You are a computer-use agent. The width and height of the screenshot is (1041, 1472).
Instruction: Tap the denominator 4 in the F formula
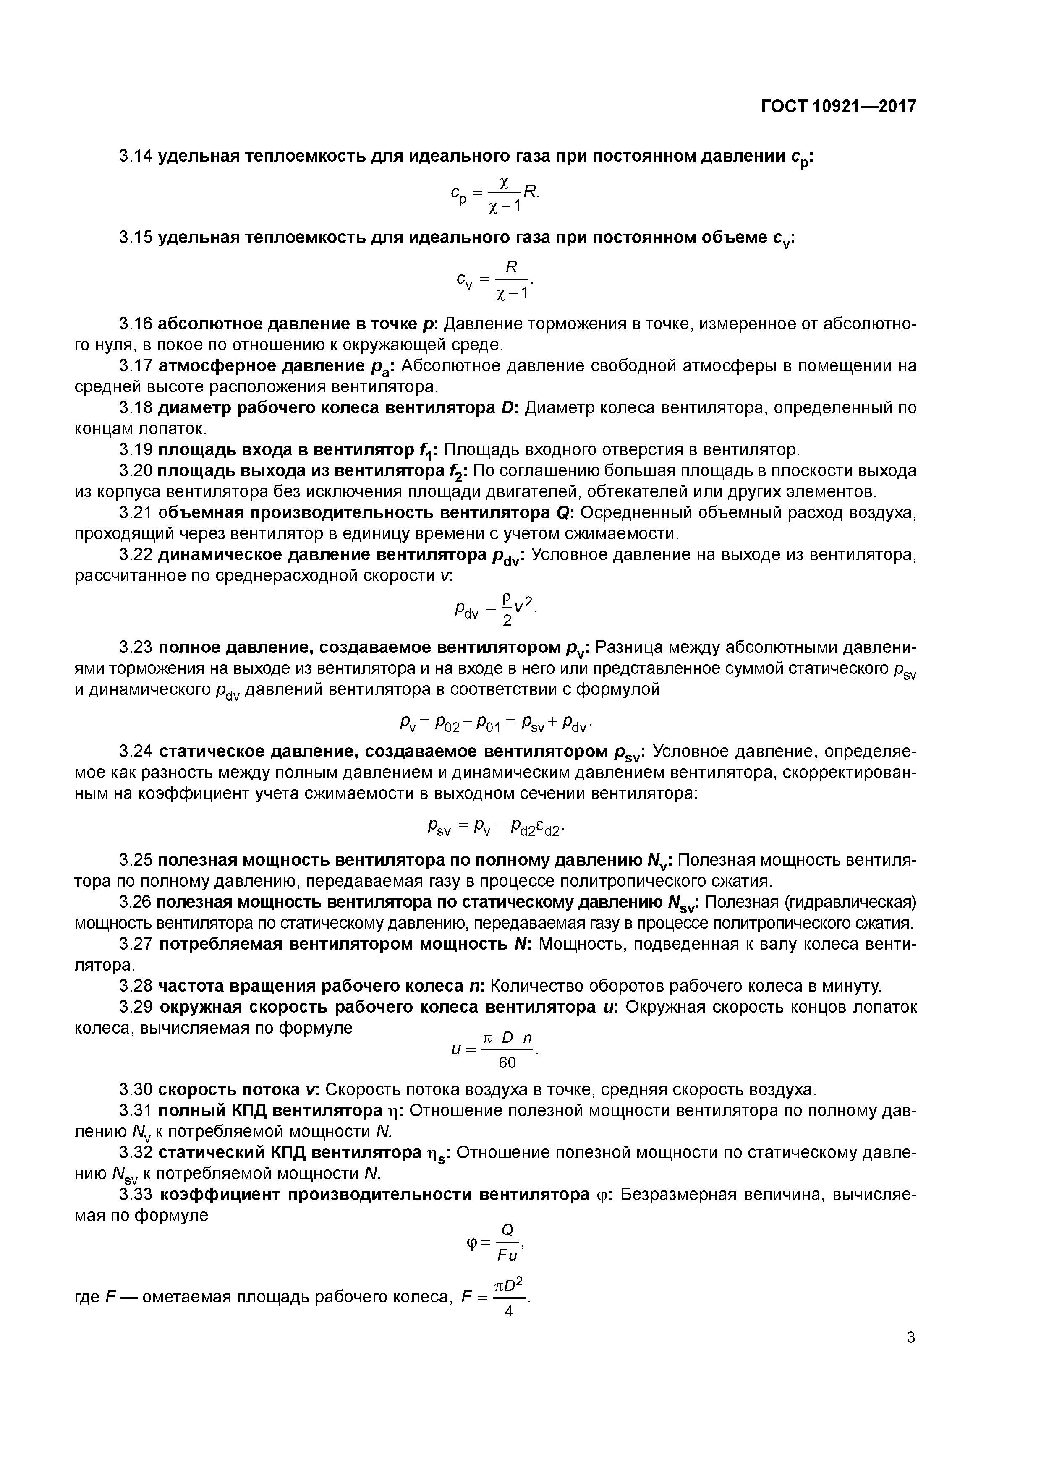point(509,1311)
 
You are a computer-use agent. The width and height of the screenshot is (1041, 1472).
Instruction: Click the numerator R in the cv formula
point(511,267)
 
